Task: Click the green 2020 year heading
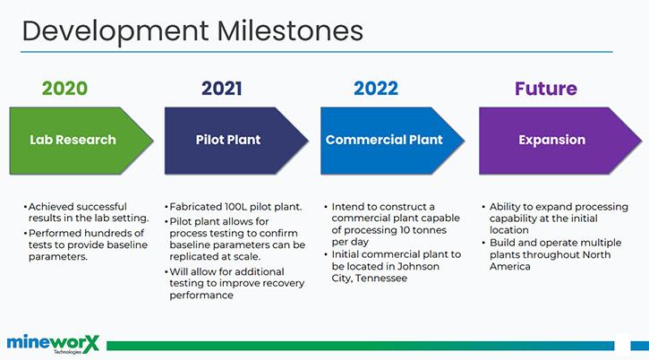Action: click(64, 89)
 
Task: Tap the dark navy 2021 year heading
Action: click(221, 89)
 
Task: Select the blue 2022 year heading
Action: click(376, 89)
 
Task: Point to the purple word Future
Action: click(546, 89)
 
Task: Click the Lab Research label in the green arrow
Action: click(73, 140)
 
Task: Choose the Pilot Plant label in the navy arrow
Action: click(228, 140)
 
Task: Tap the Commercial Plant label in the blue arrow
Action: click(384, 140)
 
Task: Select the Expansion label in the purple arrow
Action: click(552, 140)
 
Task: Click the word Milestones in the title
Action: click(290, 31)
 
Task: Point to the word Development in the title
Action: click(115, 32)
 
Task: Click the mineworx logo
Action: click(53, 344)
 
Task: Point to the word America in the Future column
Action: click(510, 266)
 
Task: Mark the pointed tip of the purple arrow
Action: click(642, 141)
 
